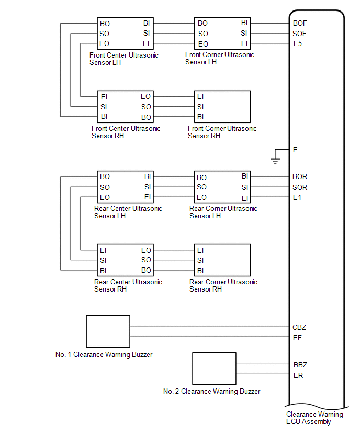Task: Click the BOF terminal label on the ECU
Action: (300, 23)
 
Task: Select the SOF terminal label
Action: (300, 34)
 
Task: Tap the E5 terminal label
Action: (298, 43)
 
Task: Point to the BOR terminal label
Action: (300, 177)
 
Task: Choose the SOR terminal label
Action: (300, 187)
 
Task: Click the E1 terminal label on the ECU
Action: (297, 198)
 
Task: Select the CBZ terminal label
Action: (299, 327)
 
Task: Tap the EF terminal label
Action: (297, 338)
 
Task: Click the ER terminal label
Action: (298, 375)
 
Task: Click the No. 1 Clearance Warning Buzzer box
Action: (108, 331)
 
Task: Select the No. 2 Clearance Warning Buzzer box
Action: (215, 369)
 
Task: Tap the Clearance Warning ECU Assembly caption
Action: (314, 418)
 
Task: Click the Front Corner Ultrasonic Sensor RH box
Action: (222, 106)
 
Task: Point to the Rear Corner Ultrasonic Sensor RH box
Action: (222, 260)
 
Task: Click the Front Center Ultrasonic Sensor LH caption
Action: (124, 59)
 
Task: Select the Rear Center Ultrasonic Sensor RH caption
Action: (128, 285)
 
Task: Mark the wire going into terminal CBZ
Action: (209, 327)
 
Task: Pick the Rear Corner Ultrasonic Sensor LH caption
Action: (223, 212)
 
